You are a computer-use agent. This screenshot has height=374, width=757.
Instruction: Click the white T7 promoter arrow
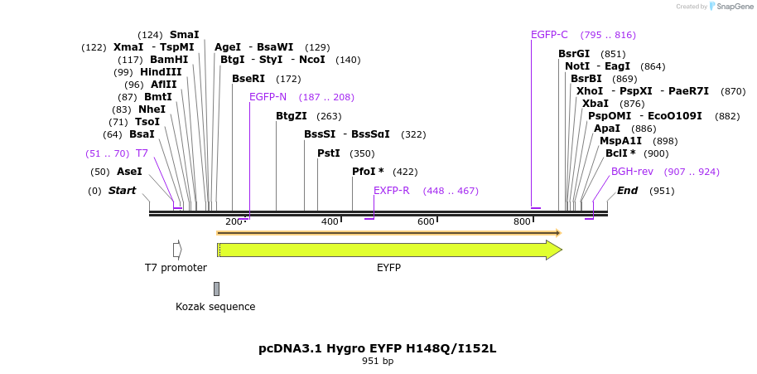(177, 250)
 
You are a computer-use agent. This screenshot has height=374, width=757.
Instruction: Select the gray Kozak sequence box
(216, 289)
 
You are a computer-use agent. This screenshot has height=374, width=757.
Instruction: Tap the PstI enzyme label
(329, 153)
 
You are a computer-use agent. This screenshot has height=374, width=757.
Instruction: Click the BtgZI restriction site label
(292, 116)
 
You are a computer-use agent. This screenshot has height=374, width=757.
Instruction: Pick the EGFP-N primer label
(268, 97)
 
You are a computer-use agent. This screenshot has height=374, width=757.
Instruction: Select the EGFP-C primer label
(549, 35)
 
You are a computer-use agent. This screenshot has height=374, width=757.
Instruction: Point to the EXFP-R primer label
(391, 191)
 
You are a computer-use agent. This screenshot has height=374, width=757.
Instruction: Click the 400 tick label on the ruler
(330, 221)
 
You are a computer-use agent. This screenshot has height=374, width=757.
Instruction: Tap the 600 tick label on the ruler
(426, 221)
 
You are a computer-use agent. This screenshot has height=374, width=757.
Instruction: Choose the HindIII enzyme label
(161, 72)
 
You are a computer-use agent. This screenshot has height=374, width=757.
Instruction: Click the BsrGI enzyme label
(574, 54)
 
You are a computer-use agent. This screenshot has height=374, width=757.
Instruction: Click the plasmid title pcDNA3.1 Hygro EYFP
(378, 348)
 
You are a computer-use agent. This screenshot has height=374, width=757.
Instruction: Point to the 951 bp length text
(378, 362)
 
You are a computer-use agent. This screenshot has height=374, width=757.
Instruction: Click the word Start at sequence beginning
(122, 191)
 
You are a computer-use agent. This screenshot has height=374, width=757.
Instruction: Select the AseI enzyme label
(129, 172)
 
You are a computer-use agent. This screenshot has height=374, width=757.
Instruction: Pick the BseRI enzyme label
(248, 79)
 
